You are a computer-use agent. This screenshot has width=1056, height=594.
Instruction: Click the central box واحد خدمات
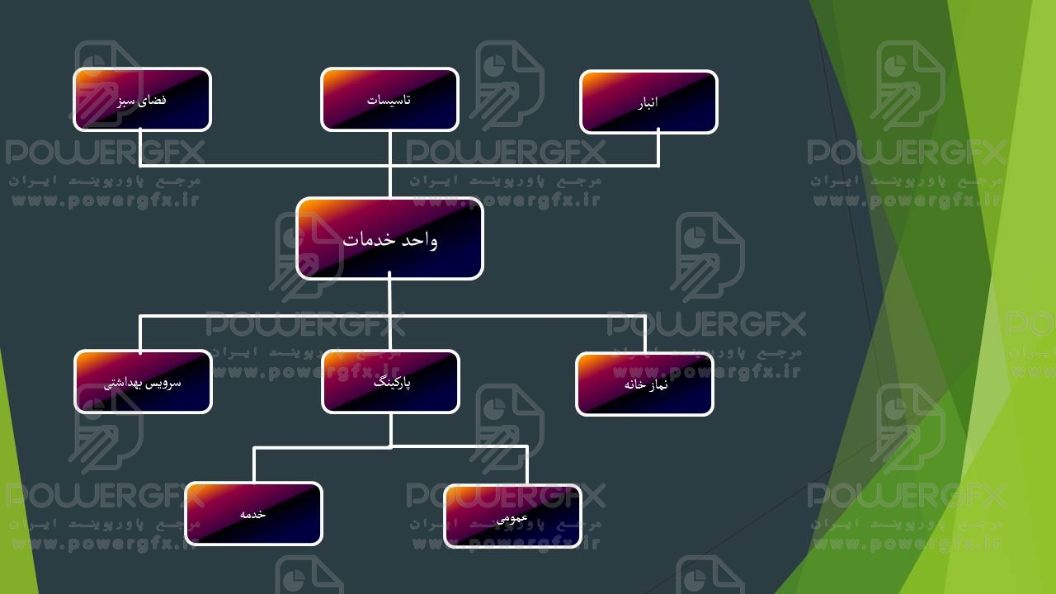[x=389, y=238]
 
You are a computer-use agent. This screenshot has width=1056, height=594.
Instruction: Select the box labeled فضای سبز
[x=142, y=99]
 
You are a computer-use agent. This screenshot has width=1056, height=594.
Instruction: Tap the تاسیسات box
[x=389, y=99]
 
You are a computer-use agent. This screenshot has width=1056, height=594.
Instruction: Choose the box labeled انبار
[x=648, y=101]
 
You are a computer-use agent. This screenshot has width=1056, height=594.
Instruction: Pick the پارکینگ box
[x=390, y=381]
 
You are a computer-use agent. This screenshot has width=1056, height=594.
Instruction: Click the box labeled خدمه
[x=253, y=513]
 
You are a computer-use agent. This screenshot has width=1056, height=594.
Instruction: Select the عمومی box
[x=512, y=516]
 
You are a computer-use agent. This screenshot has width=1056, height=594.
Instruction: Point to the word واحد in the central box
[x=421, y=240]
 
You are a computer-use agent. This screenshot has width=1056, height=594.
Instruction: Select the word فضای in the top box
[x=153, y=100]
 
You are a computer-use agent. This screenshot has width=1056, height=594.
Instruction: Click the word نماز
[x=658, y=384]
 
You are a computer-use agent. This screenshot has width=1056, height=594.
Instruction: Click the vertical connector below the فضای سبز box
[x=140, y=148]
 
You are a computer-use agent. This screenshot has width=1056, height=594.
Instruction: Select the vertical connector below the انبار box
[x=658, y=149]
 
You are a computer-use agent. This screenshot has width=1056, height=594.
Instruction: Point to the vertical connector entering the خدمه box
[x=254, y=464]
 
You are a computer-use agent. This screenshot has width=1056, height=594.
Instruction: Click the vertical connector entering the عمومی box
[x=526, y=465]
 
